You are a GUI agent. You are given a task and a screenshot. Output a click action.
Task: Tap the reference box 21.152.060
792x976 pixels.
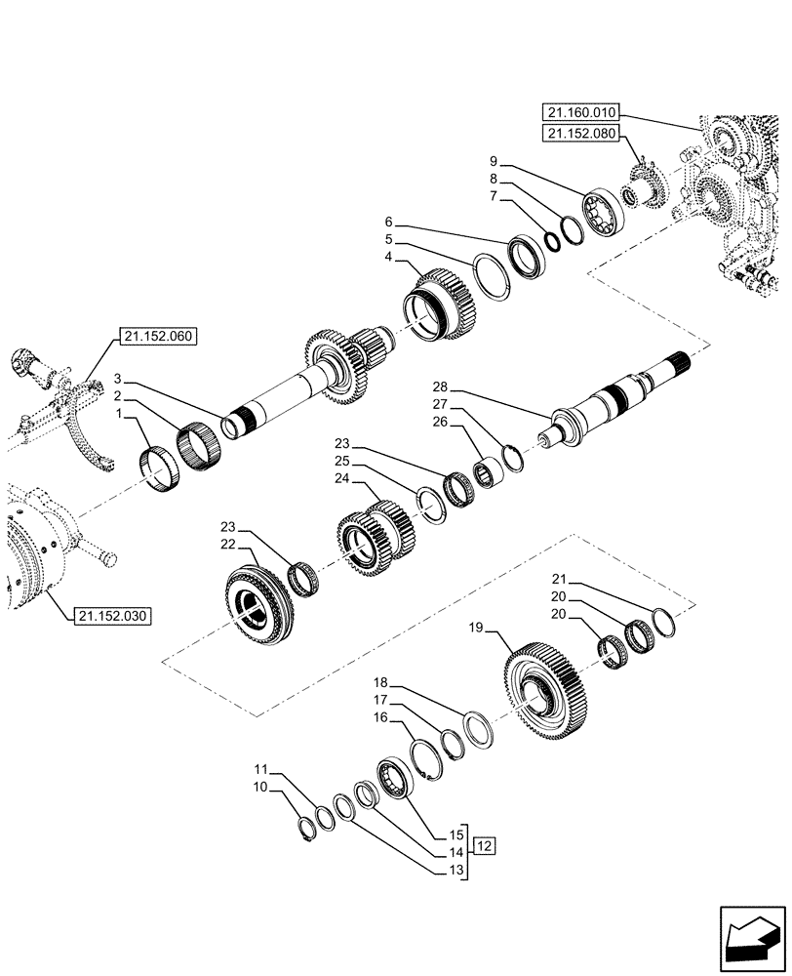pyautogui.click(x=158, y=338)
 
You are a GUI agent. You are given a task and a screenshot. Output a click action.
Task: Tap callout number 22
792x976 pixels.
pyautogui.click(x=227, y=543)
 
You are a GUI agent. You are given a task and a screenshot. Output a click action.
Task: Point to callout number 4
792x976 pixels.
pyautogui.click(x=388, y=257)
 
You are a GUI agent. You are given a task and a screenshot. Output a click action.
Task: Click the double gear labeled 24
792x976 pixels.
pyautogui.click(x=376, y=536)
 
